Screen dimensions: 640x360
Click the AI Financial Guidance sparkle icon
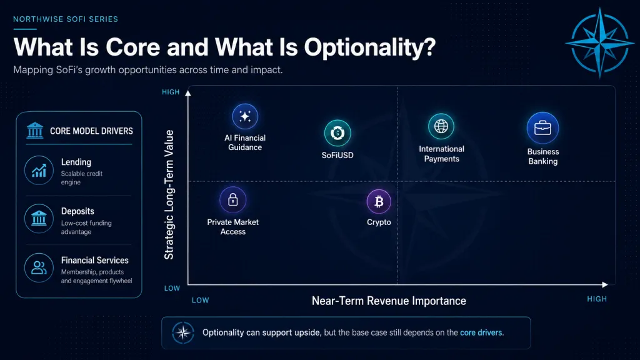coord(245,117)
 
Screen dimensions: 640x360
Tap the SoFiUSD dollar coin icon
coord(337,133)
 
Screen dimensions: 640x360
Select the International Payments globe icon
coord(441,126)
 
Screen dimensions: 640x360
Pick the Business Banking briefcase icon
coord(543,128)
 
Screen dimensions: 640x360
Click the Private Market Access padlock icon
coord(232,200)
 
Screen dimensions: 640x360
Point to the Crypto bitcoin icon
coord(379,202)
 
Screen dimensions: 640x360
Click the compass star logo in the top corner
coord(599,42)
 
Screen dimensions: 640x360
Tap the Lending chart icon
coord(39,170)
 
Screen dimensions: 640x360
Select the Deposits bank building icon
coord(39,219)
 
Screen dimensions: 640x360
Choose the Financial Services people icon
coord(39,268)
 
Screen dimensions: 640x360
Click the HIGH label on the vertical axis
coord(171,92)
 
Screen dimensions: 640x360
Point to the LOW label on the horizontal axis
coord(201,301)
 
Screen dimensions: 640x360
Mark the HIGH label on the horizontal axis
coord(597,299)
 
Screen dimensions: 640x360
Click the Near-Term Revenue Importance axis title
coord(389,301)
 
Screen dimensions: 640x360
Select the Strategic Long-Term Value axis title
coord(169,195)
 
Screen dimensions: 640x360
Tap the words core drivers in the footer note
coord(481,332)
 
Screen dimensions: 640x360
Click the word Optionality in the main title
coord(370,47)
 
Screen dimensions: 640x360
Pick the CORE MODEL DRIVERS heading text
coord(91,131)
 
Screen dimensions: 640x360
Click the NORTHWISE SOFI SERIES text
coord(66,19)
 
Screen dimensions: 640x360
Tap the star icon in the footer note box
coord(183,332)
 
